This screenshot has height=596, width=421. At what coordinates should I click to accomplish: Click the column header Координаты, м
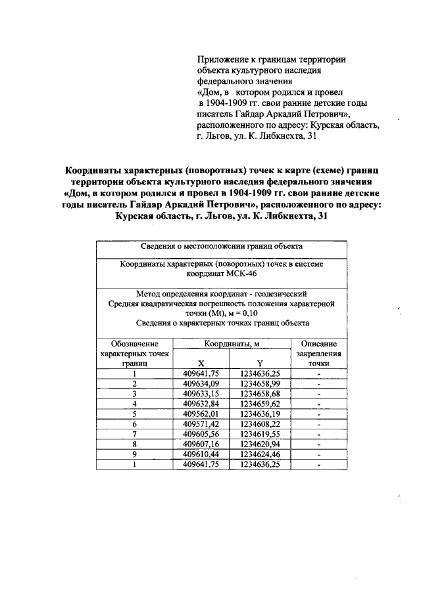[232, 344]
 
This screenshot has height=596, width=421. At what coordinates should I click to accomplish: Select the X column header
[201, 362]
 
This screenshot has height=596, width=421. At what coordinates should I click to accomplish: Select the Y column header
[260, 362]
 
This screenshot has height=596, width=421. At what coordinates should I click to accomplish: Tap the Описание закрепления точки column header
[318, 353]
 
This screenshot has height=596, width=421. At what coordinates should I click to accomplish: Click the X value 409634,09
[201, 383]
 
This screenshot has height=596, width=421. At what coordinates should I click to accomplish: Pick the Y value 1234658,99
[260, 383]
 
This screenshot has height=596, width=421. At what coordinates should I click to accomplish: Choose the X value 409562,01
[201, 415]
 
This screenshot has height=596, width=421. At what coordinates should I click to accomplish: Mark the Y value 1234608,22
[260, 425]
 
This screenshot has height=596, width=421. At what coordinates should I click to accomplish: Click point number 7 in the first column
[134, 436]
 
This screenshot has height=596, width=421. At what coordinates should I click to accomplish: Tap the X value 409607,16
[201, 446]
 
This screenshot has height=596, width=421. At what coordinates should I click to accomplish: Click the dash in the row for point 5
[318, 416]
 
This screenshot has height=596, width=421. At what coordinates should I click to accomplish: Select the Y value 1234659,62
[260, 404]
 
